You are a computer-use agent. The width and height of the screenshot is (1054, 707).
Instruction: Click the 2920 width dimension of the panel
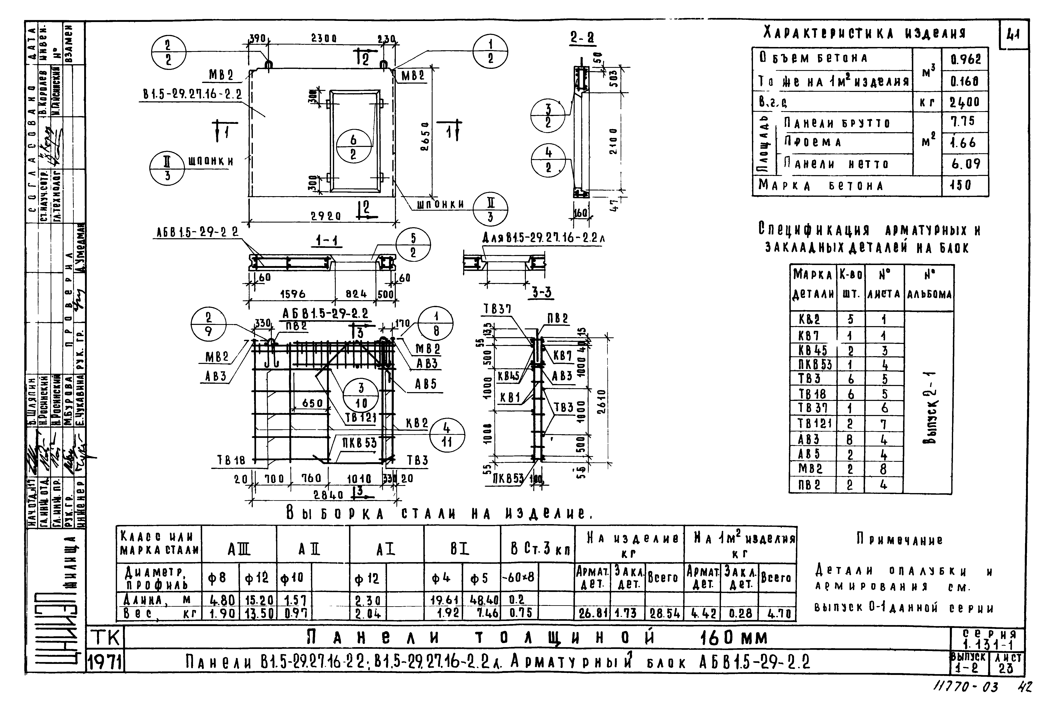[326, 216]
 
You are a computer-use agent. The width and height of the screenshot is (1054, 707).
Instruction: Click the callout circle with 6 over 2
[353, 147]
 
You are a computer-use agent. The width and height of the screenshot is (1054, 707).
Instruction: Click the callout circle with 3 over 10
[361, 395]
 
